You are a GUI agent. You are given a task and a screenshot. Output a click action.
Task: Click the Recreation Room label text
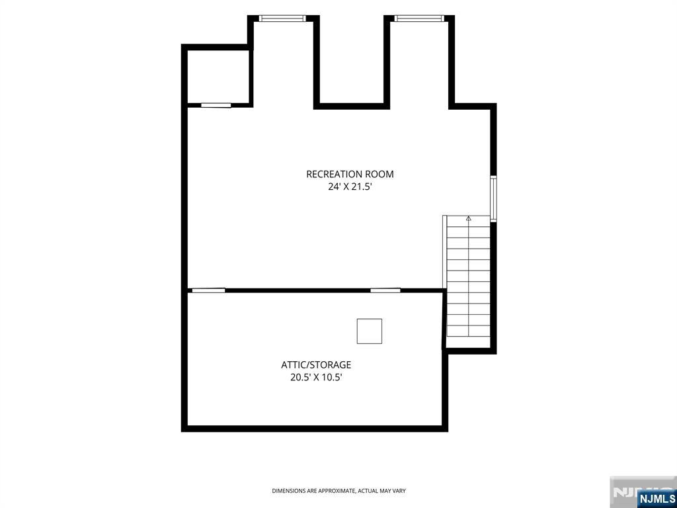[350, 174]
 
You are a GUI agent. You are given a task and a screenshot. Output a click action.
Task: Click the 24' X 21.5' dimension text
[350, 187]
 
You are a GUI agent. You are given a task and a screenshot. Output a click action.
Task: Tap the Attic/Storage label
[316, 364]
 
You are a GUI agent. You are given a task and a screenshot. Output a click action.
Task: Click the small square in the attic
[369, 331]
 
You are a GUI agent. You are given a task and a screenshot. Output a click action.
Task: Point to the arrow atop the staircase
[469, 219]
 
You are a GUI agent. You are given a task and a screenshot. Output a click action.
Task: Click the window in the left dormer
[282, 18]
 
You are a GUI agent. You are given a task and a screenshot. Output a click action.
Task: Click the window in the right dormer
[418, 18]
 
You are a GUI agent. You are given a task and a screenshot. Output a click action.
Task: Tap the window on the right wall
[493, 198]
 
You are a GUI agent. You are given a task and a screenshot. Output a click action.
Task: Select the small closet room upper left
[218, 77]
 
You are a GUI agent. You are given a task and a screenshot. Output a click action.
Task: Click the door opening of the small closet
[216, 105]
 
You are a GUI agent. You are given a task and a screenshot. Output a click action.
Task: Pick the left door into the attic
[208, 290]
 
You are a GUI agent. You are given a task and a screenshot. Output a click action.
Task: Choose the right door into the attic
[385, 290]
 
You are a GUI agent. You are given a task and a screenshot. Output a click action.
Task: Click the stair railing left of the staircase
[444, 253]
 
